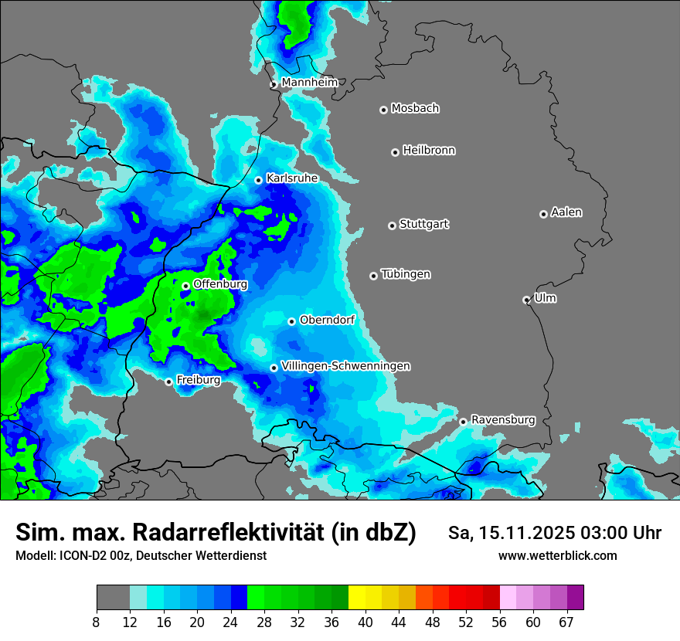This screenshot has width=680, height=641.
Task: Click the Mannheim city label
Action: tap(309, 82)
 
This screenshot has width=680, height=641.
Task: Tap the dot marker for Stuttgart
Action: tap(392, 226)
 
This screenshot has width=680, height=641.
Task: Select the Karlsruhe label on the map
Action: tap(292, 178)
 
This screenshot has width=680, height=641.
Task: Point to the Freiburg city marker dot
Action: tap(168, 382)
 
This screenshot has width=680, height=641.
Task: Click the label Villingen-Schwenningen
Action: tap(345, 366)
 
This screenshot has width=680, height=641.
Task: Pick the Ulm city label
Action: tap(545, 298)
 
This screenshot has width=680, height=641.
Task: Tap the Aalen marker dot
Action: tap(543, 214)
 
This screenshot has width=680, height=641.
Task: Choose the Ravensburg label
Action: tap(503, 420)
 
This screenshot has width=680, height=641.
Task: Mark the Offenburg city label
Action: tap(220, 284)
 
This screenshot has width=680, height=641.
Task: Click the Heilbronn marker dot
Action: tap(395, 152)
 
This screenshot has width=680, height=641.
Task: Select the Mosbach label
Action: tap(415, 109)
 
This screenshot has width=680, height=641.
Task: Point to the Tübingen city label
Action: tap(406, 274)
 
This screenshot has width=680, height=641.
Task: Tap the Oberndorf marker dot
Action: tap(291, 321)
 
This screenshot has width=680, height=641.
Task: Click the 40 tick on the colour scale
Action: tap(365, 622)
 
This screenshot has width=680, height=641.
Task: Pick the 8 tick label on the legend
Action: tap(96, 622)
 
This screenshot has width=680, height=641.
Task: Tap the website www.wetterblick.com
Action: tap(557, 555)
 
